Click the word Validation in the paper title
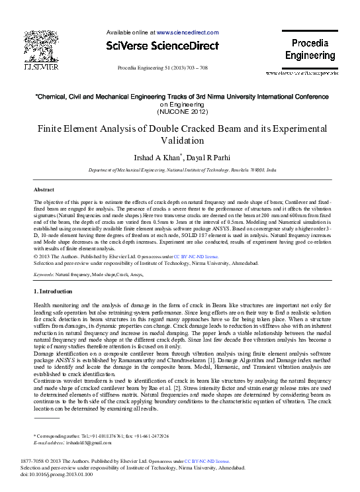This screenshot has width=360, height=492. pyautogui.click(x=179, y=141)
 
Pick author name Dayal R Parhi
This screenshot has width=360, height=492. pyautogui.click(x=205, y=158)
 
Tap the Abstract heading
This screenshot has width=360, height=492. pyautogui.click(x=44, y=190)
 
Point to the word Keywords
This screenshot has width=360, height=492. pyautogui.click(x=44, y=273)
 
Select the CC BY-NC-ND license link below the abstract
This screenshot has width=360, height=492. pyautogui.click(x=195, y=255)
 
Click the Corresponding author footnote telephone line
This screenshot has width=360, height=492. pyautogui.click(x=101, y=436)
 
